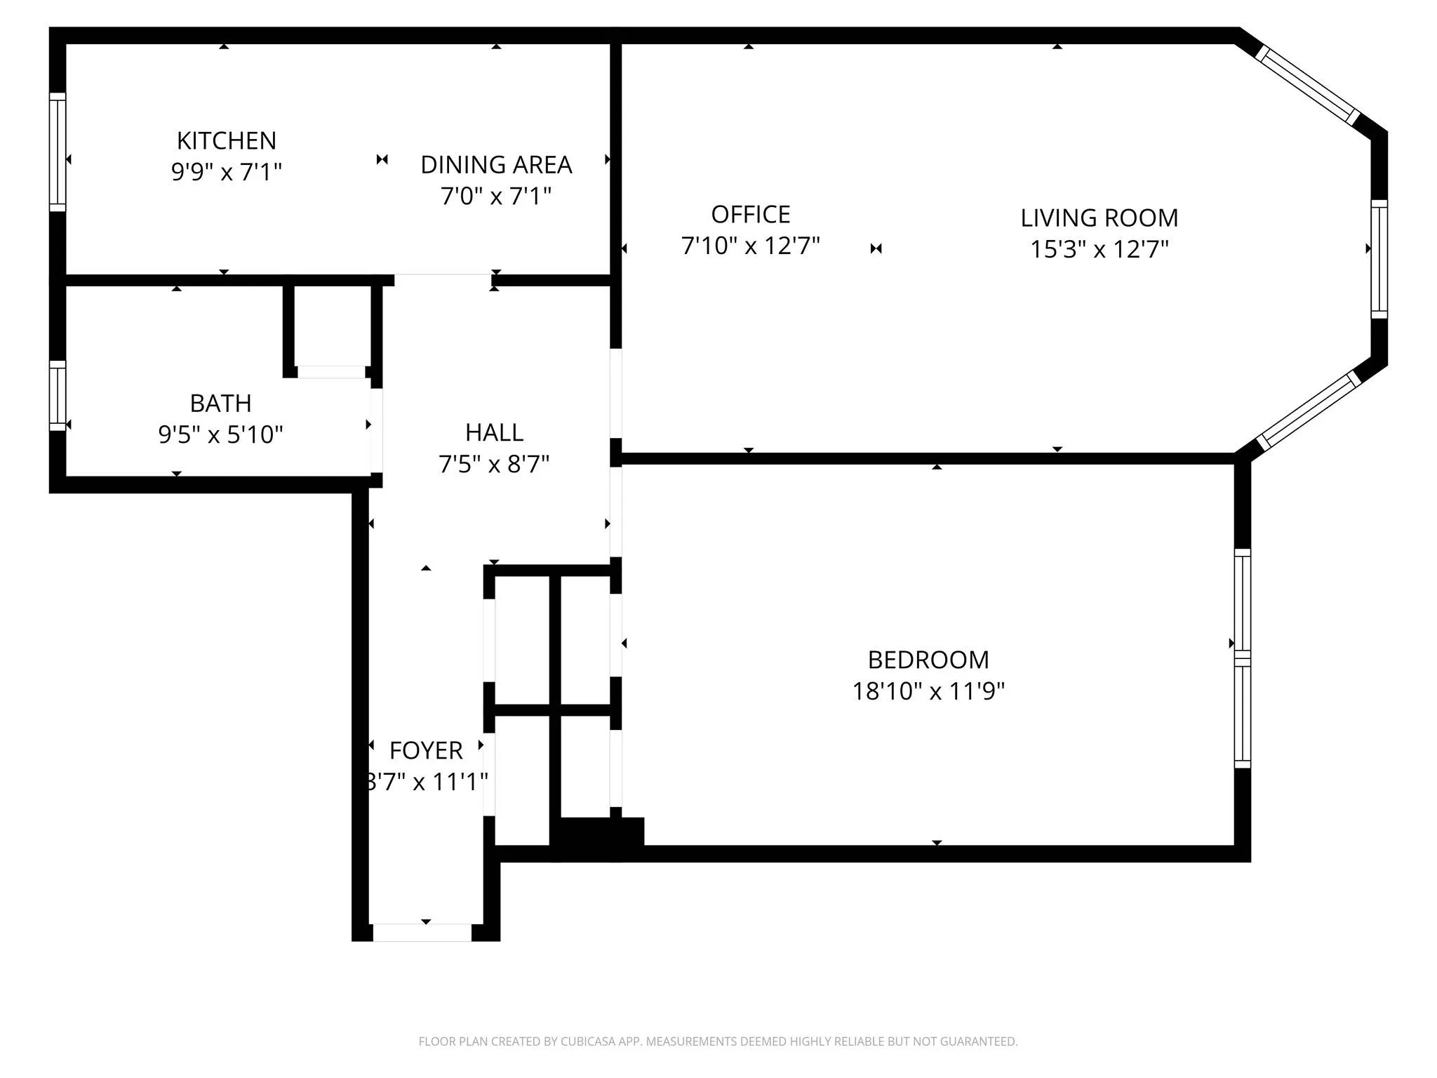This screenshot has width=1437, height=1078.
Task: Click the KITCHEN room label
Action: pyautogui.click(x=226, y=140)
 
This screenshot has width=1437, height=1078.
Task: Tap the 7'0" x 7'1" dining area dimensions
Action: pyautogui.click(x=495, y=196)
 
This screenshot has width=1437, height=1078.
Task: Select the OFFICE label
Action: pyautogui.click(x=750, y=214)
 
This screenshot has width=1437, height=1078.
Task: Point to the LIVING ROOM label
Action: pyautogui.click(x=1099, y=218)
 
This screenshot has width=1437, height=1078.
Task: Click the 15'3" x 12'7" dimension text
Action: pyautogui.click(x=1099, y=249)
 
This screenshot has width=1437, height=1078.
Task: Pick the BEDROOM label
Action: pyautogui.click(x=928, y=660)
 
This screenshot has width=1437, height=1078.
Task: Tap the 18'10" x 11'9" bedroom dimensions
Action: pyautogui.click(x=928, y=691)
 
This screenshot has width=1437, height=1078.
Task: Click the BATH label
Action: pyautogui.click(x=220, y=404)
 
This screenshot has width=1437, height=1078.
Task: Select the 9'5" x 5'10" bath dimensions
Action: pyautogui.click(x=220, y=434)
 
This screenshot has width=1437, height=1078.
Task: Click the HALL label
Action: pyautogui.click(x=494, y=432)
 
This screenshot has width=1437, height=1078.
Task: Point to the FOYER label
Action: pyautogui.click(x=426, y=750)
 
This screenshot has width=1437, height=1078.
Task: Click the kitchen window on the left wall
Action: pyautogui.click(x=58, y=152)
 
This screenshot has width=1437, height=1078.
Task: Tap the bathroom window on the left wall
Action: pyautogui.click(x=58, y=396)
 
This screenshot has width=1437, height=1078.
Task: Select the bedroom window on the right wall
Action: pyautogui.click(x=1242, y=658)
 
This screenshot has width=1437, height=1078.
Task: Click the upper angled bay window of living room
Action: pyautogui.click(x=1307, y=85)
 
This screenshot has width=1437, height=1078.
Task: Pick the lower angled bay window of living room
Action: pyautogui.click(x=1308, y=411)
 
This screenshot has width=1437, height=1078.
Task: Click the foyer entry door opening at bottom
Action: pyautogui.click(x=422, y=932)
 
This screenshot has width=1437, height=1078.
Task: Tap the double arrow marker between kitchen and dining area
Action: pyautogui.click(x=382, y=160)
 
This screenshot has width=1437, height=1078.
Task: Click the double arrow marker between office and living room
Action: pyautogui.click(x=876, y=248)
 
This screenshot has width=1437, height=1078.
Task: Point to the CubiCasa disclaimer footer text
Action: pyautogui.click(x=718, y=1042)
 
